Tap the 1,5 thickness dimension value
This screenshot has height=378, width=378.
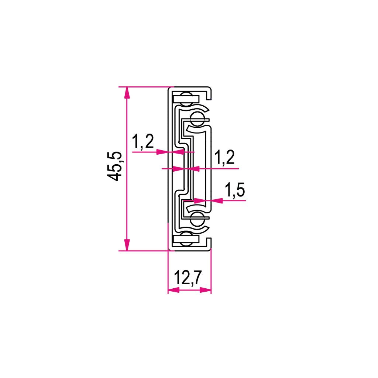tap(234, 190)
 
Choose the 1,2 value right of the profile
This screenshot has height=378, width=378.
tap(224, 157)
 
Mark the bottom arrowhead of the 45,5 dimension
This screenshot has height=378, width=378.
tap(127, 245)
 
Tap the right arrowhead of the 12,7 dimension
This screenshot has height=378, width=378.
tap(205, 290)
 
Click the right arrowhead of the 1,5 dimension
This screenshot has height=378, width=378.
tap(217, 200)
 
